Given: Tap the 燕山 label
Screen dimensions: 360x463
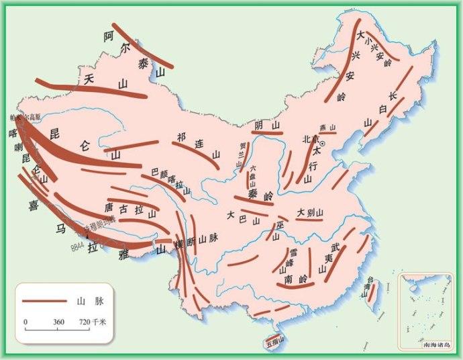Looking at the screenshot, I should coord(327,128).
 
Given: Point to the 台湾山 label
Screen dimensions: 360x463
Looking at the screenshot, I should coord(367,287).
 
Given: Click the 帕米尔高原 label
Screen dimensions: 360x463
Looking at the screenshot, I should coord(23,118).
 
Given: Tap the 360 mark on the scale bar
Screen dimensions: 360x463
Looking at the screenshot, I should coord(58,322).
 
